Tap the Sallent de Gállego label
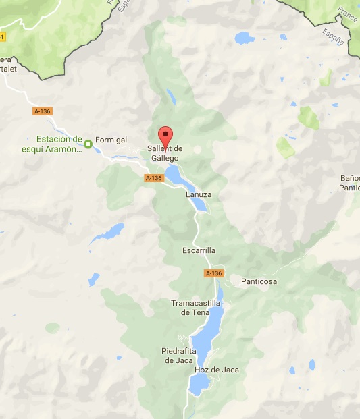[165, 153]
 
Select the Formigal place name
[111, 140]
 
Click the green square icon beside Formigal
[88, 143]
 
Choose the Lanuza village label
[199, 194]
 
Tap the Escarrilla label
[199, 250]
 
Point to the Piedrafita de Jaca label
[179, 355]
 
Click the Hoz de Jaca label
[216, 370]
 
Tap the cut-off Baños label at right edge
[350, 183]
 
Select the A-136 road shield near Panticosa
[213, 273]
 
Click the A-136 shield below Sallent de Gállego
[154, 178]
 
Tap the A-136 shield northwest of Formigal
[42, 110]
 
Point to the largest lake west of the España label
[245, 38]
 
